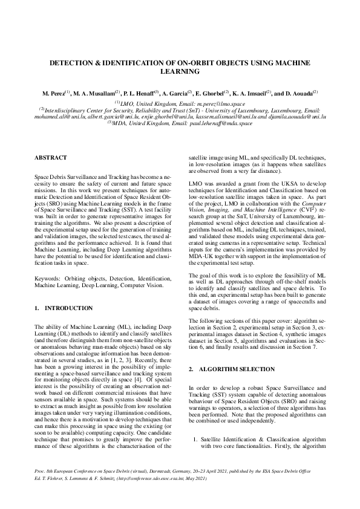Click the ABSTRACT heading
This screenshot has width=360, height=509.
pos(50,157)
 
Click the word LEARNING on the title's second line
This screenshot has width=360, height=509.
pos(180,71)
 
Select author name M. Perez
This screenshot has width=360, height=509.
pos(54,94)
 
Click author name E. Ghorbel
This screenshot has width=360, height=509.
pos(209,94)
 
